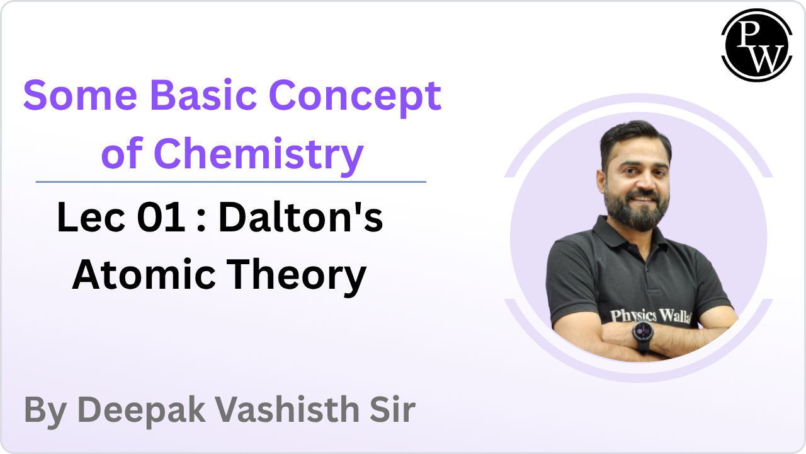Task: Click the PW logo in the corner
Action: pos(756,45)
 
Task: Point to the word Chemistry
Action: pos(259,154)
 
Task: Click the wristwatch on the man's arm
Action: pos(643,333)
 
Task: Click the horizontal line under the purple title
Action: pos(230,182)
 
